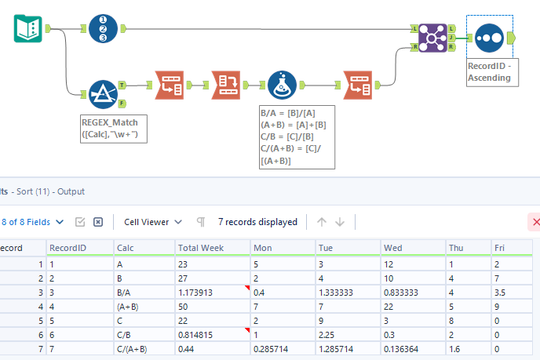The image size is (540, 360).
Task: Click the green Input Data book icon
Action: point(27,29)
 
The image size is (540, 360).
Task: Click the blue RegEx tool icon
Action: point(104,93)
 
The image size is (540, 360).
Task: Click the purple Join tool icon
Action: point(432,38)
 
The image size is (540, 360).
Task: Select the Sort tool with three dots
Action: point(488,38)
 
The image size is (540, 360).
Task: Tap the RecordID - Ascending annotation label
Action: point(488,71)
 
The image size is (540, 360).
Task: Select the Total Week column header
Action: point(201,248)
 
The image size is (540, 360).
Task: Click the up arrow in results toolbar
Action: point(322,222)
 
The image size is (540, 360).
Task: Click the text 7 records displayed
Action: point(257,222)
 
